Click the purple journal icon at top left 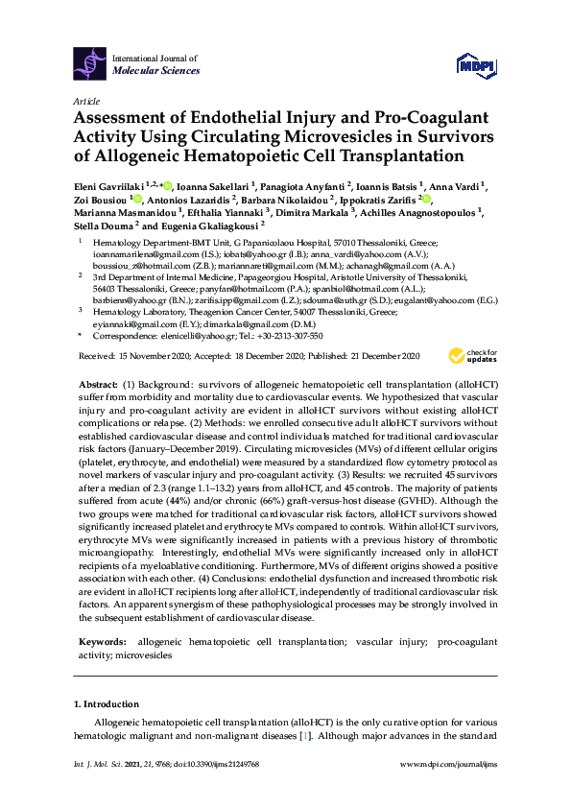(x=90, y=63)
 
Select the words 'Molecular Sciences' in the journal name (x=156, y=71)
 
